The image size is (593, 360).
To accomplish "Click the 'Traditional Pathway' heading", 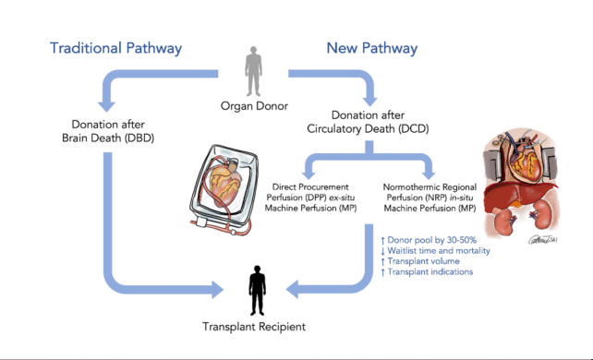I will pyautogui.click(x=115, y=47).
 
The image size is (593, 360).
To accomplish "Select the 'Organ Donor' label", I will pyautogui.click(x=252, y=104).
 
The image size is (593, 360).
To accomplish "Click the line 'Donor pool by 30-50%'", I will pyautogui.click(x=430, y=237).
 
